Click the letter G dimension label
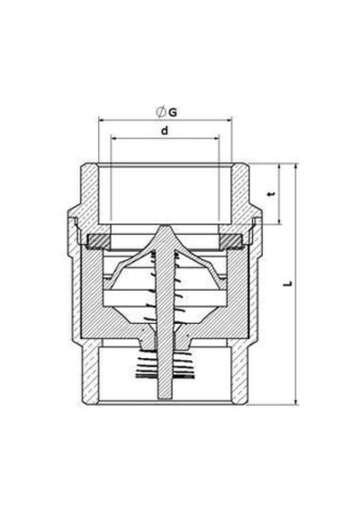coord(173,112)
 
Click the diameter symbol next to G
coord(160,112)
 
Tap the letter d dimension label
coord(165,130)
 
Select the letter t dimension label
coord(271,194)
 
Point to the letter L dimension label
coord(288,283)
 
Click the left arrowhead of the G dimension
coord(101,120)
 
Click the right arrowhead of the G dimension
coord(229,120)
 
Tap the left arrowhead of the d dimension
coord(114,139)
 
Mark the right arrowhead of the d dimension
coord(216,139)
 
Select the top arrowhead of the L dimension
coord(296,166)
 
